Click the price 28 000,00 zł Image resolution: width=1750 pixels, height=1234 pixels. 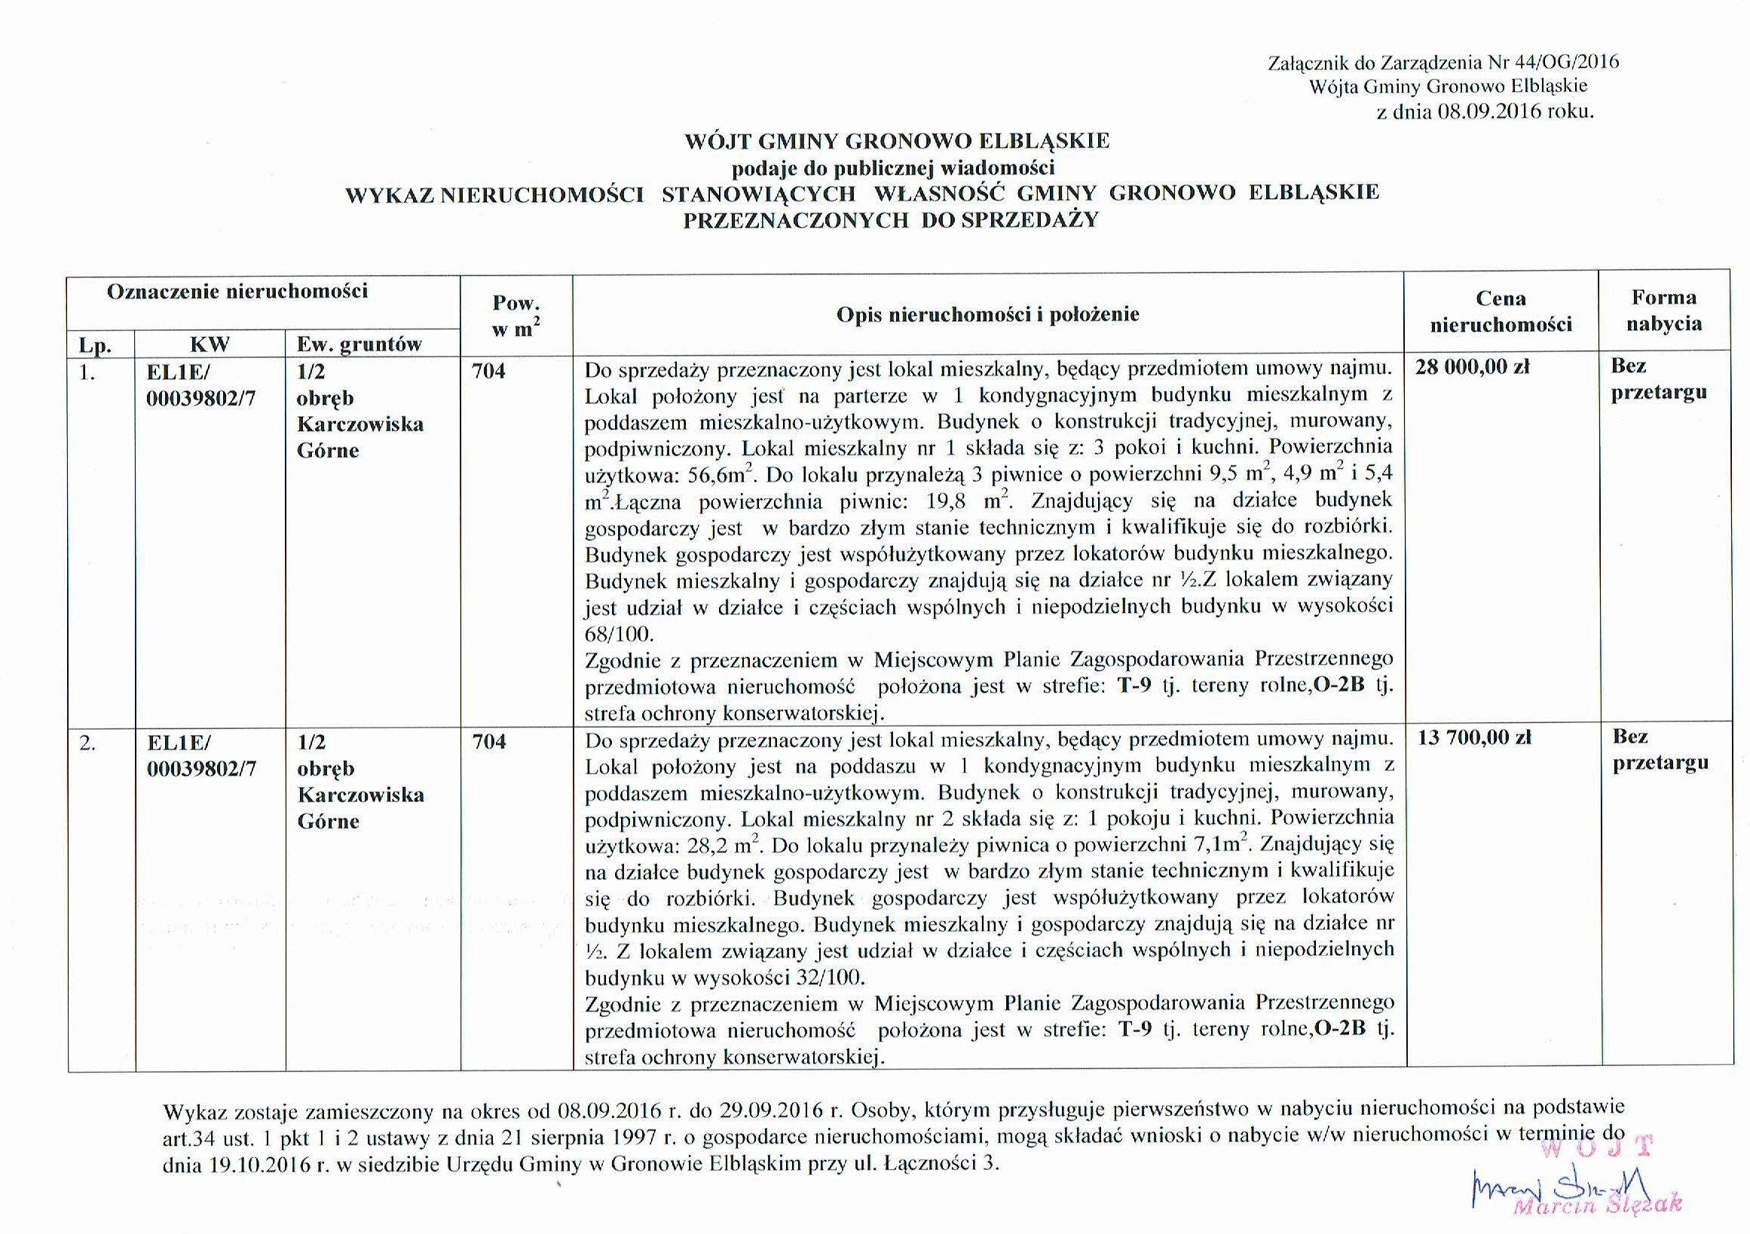[1473, 367]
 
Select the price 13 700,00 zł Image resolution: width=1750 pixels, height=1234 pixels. [1474, 738]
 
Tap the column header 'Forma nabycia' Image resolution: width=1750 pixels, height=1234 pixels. [1664, 311]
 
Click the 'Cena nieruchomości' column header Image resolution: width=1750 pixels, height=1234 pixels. [1501, 312]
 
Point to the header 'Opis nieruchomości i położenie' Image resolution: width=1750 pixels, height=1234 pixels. [987, 314]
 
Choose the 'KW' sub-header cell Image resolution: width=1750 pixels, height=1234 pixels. [210, 344]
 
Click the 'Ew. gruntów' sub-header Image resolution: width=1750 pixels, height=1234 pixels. [359, 344]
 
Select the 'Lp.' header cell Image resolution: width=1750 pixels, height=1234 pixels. [95, 346]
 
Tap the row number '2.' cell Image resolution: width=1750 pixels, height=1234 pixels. [87, 743]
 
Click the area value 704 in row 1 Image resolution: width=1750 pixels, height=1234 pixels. [488, 371]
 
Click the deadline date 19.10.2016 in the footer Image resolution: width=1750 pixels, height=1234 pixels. [255, 1164]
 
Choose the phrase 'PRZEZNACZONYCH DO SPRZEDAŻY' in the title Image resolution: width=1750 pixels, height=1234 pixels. [890, 220]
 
